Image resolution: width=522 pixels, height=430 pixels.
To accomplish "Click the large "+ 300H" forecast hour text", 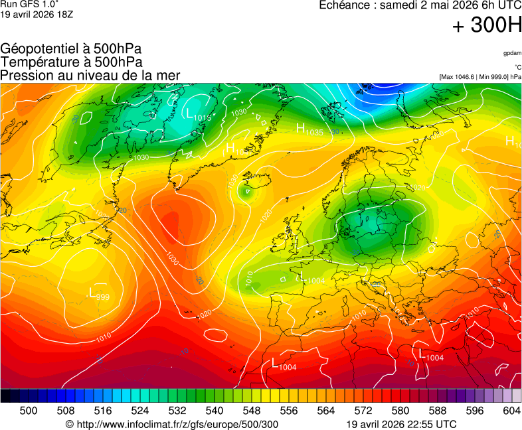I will point(487,26).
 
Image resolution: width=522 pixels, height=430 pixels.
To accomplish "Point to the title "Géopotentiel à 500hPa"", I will point(71,49).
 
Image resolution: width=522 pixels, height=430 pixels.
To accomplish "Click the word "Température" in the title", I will point(38,62).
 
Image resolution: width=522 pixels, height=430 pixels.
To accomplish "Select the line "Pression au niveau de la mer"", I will point(90,76).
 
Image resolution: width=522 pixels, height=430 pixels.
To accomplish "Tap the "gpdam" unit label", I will point(512,53).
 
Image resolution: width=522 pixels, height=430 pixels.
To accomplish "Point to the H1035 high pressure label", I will point(309,130).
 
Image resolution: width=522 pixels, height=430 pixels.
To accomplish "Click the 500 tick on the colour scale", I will point(29,411).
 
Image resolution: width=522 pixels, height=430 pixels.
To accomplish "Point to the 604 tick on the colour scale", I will point(511,411).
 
